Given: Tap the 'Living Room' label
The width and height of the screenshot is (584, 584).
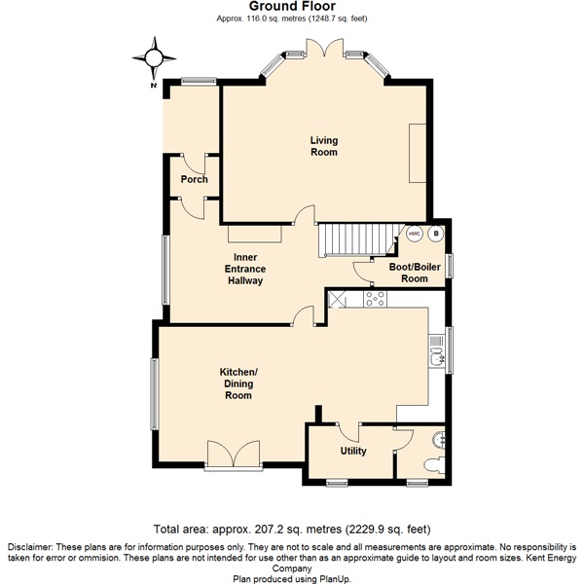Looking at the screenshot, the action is coord(324,146).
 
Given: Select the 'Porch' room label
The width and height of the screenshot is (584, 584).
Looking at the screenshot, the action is coord(194,179).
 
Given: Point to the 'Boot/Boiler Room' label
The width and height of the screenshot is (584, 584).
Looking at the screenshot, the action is coord(409,272).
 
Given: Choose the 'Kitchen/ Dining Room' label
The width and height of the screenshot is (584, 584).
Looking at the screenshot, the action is coord(237,383).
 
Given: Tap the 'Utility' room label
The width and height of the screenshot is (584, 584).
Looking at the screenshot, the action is coord(352,452).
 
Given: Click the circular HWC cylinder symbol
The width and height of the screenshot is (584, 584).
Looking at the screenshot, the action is coord(414,234).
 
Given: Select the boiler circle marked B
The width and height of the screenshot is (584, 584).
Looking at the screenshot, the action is coord(436,234).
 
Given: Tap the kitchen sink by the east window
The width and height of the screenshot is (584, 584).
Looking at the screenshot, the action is coord(434,351).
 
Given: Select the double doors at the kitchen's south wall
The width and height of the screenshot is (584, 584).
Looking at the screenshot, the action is coord(235,456).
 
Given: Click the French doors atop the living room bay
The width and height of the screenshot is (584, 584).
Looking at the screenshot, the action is coord(323,49).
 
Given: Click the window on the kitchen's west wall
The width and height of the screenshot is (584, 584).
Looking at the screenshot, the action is coord(154,393).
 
